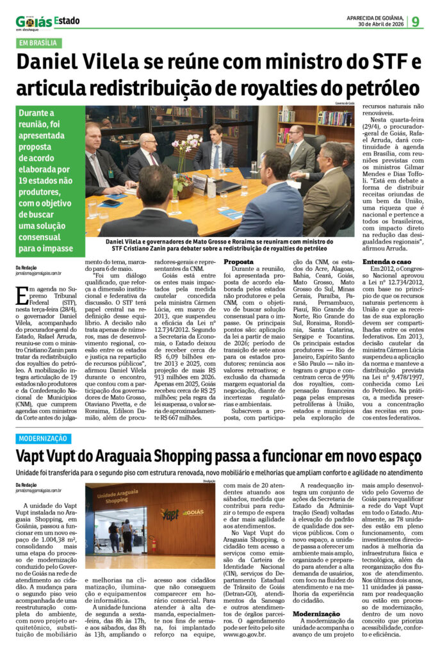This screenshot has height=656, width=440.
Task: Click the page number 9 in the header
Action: coord(416,21)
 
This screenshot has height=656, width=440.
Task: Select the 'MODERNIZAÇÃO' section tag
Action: coord(42,439)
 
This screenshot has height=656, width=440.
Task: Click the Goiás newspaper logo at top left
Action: coord(33,22)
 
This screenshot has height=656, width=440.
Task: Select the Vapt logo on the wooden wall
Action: coord(170,512)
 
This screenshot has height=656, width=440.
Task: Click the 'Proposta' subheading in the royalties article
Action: coord(238,262)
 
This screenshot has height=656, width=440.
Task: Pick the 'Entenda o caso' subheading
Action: coord(382,262)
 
